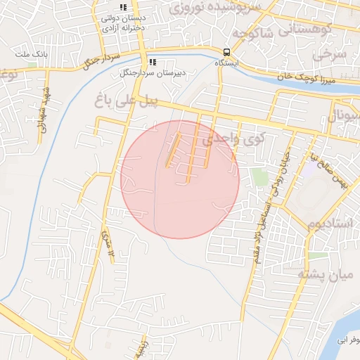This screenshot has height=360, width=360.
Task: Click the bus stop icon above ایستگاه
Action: [226, 52]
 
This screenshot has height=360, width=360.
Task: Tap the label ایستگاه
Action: [226, 63]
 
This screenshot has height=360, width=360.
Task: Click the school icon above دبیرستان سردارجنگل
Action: [153, 62]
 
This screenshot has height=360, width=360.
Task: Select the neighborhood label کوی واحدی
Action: [231, 141]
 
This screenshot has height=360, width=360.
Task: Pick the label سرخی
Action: [331, 53]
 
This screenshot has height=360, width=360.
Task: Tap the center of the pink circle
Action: [180, 179]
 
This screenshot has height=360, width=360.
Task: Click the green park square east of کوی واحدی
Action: [260, 176]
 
